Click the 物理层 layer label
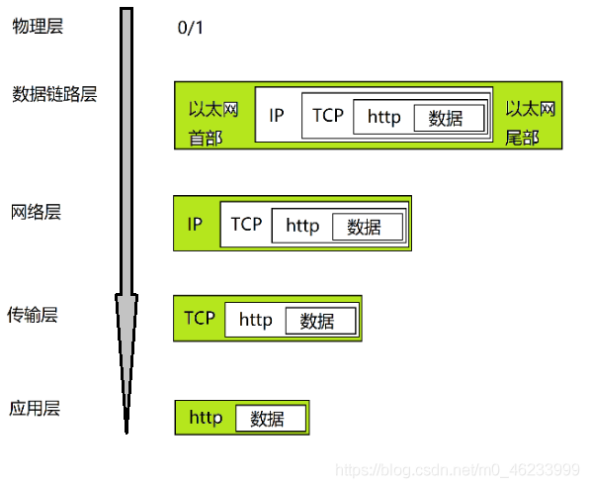coord(38,27)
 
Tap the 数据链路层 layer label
coord(54,94)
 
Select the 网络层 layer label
coord(36,212)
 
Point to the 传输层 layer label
coord(33,315)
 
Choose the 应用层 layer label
coord(35,408)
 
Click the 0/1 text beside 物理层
coord(190,28)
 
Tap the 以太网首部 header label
coord(213,124)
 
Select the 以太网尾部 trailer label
coord(530,123)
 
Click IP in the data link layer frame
coord(277,116)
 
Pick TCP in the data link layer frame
coord(328,115)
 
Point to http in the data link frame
coord(383,117)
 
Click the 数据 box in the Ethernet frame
coord(450,118)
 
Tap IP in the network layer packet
coord(195,225)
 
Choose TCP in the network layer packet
coord(246,224)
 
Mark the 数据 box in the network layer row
coord(368,227)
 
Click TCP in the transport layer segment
coord(200,318)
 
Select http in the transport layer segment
coord(256,320)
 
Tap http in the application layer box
coord(206,418)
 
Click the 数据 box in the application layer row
coord(271,419)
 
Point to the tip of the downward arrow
coord(126,434)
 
